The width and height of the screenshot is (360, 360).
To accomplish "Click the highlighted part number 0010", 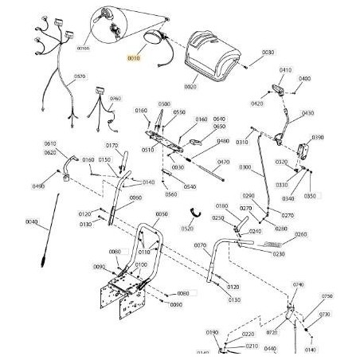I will coord(133,58).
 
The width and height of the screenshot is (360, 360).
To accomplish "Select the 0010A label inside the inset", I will coord(105,48).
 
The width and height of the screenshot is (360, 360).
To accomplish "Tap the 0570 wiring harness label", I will coord(80,77).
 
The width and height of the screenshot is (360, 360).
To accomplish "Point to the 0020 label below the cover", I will coord(190,86).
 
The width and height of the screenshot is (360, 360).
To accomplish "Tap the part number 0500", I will coord(163,104).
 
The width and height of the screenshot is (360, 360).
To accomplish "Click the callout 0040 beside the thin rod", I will coord(31,221).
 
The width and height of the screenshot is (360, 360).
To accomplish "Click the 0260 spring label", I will coord(300,234).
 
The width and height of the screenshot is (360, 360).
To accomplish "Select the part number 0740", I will coord(299,284).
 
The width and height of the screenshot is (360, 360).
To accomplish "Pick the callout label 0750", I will coord(327,296).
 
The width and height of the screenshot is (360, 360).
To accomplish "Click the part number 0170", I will coord(112,146).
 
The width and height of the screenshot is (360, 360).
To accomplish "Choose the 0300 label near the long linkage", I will coord(245,167).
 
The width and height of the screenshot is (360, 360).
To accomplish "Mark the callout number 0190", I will coord(212,332).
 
